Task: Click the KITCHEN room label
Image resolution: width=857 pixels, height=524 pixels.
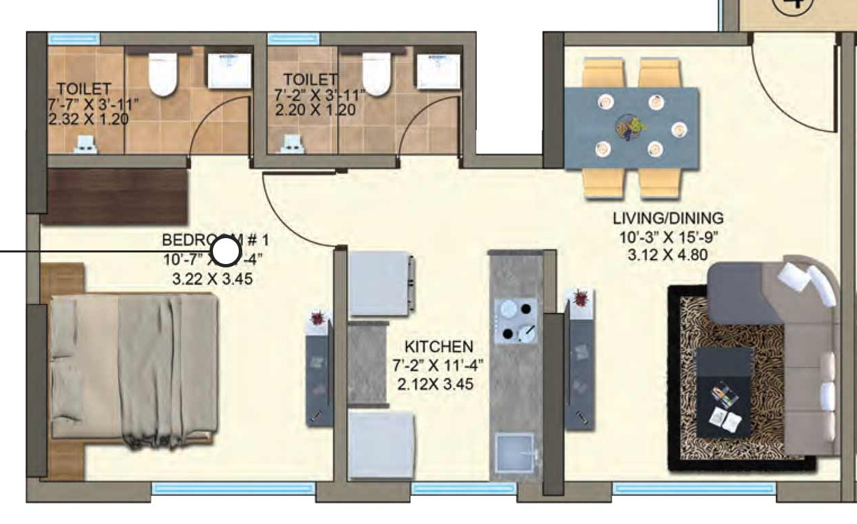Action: click(438, 347)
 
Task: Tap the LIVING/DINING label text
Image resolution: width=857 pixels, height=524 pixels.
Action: click(667, 219)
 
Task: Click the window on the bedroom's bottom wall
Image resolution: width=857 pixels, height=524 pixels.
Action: click(233, 489)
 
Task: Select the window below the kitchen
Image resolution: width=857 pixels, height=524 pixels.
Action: click(464, 489)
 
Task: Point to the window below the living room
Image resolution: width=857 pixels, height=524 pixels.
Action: click(694, 489)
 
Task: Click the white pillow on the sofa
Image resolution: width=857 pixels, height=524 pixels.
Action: click(812, 283)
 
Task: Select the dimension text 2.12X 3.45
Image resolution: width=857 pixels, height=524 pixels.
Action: click(435, 385)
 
